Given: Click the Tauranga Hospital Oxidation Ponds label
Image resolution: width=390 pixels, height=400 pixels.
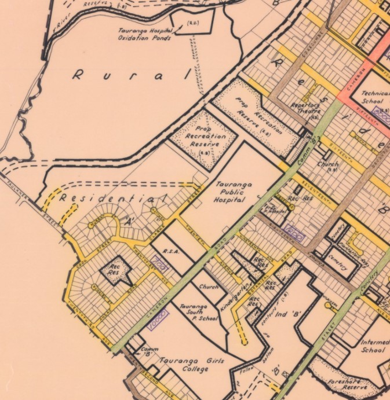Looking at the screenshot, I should click(x=144, y=34).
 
